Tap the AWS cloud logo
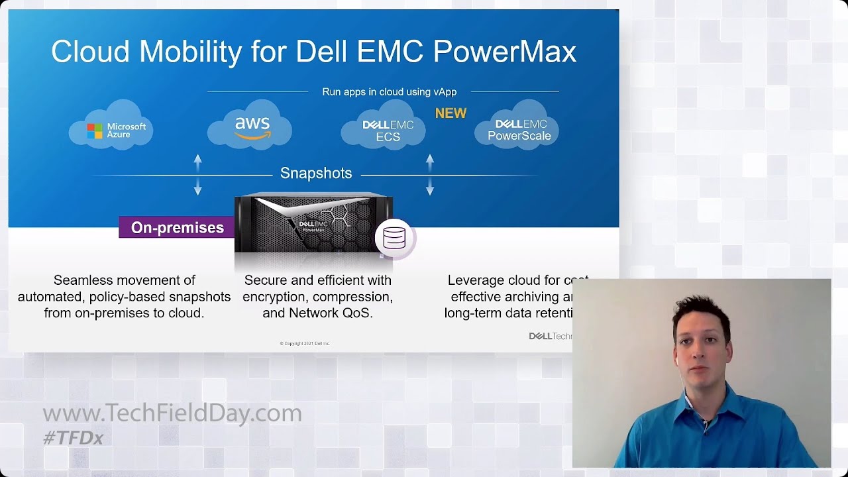tap(250, 126)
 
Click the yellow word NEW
tap(450, 113)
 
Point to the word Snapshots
tap(316, 174)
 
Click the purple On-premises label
tap(177, 228)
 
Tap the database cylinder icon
tap(394, 238)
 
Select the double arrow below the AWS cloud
tap(197, 175)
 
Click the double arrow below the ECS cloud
tap(430, 175)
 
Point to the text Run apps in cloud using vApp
tap(389, 92)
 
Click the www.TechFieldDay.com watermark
tap(172, 413)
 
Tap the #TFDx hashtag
tap(73, 438)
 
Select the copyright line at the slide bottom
tap(305, 343)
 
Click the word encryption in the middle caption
tap(274, 297)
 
